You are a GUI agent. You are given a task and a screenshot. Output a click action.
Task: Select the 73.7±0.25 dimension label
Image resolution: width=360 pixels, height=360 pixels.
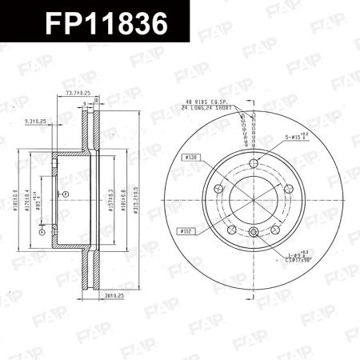click(77, 94)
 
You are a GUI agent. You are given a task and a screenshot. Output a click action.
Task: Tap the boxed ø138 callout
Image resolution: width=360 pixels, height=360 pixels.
click(191, 158)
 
